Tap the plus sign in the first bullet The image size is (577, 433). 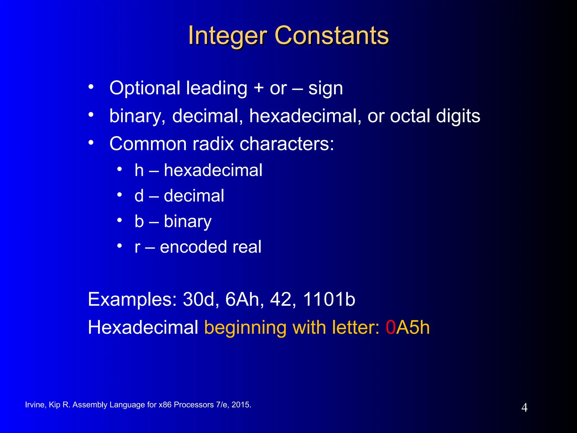click(x=258, y=88)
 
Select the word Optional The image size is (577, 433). click(x=145, y=88)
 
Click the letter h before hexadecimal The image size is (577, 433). click(x=139, y=170)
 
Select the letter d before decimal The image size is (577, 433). click(x=139, y=196)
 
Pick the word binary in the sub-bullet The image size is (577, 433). click(x=187, y=222)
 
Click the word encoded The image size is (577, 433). click(x=193, y=247)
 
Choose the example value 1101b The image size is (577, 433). click(x=329, y=299)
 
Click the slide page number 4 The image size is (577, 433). click(x=524, y=408)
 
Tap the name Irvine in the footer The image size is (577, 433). click(x=35, y=405)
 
